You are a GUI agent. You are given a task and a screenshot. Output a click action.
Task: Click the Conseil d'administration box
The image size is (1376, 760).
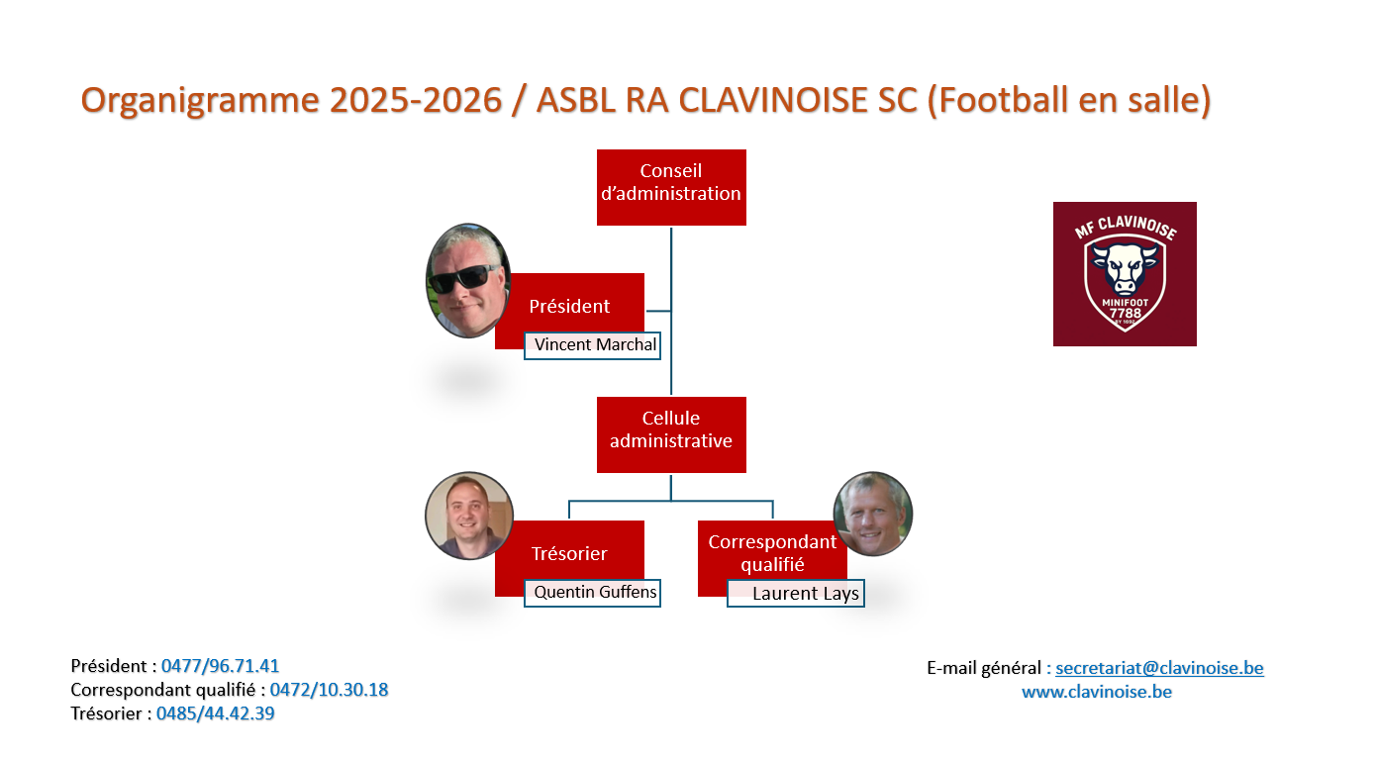coord(671,187)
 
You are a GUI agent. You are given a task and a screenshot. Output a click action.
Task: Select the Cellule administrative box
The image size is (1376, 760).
coord(671,434)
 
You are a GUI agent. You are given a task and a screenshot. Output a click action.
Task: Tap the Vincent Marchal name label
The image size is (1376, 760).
coord(592,345)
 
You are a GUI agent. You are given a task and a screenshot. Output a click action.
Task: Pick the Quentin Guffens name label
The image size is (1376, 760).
coord(592,593)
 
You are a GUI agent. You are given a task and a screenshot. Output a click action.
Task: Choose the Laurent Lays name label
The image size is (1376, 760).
coord(796,593)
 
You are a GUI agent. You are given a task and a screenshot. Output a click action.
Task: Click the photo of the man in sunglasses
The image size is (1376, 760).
coord(468,281)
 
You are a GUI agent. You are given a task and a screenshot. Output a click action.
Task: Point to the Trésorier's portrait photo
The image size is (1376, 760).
coord(468,516)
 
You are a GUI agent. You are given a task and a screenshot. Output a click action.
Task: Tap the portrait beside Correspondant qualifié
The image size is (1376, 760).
coord(872,514)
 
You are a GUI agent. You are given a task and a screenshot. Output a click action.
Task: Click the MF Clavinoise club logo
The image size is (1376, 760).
coord(1125,274)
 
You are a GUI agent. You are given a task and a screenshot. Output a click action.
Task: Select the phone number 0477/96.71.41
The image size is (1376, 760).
coord(220,666)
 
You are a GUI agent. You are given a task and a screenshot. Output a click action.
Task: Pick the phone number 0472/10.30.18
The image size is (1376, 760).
coord(329,690)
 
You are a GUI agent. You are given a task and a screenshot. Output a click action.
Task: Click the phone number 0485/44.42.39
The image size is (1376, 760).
coord(215,713)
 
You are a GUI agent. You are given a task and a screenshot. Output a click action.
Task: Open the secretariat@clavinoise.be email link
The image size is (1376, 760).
coord(1160,668)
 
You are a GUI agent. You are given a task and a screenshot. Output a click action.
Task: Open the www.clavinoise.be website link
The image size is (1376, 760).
coord(1097,692)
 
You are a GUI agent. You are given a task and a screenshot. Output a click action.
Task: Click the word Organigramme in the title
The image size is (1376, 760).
coord(200,100)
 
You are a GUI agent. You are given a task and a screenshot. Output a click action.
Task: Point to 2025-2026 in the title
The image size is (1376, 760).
coord(416,99)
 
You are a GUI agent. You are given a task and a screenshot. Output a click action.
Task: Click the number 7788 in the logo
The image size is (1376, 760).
coord(1125,313)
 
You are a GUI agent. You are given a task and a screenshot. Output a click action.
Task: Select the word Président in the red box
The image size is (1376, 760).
coord(569,307)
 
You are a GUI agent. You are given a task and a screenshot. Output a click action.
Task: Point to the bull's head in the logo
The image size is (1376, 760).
coord(1125,267)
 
